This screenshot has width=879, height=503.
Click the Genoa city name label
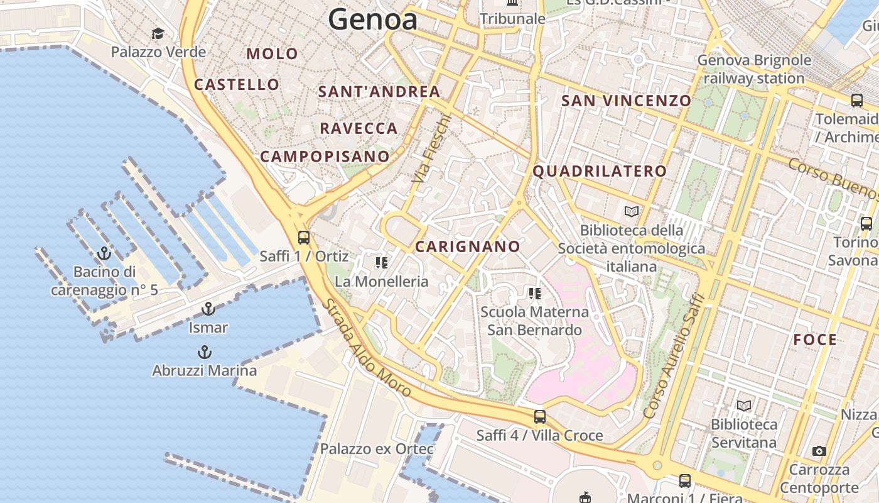(372, 19)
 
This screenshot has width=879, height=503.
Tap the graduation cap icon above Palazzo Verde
(158, 33)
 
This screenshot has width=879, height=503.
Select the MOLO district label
(272, 54)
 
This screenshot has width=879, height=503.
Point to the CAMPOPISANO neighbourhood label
(325, 157)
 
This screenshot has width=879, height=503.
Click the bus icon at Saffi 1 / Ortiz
(304, 237)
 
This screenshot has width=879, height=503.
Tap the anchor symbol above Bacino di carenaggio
(104, 254)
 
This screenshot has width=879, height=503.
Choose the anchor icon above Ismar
(208, 309)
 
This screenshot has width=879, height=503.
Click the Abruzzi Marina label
(204, 370)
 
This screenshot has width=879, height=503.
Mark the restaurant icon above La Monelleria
(381, 263)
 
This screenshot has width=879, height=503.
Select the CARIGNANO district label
(468, 246)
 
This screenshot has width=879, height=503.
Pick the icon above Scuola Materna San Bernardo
(535, 293)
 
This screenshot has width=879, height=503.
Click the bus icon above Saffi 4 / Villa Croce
(539, 416)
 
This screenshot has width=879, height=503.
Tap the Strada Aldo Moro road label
(367, 348)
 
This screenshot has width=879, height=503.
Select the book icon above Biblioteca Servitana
(744, 406)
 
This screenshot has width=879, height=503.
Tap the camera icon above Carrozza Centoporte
(819, 451)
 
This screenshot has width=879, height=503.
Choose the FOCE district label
(815, 340)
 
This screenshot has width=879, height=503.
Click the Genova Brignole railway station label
(754, 69)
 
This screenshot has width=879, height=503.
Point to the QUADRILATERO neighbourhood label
(600, 171)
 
